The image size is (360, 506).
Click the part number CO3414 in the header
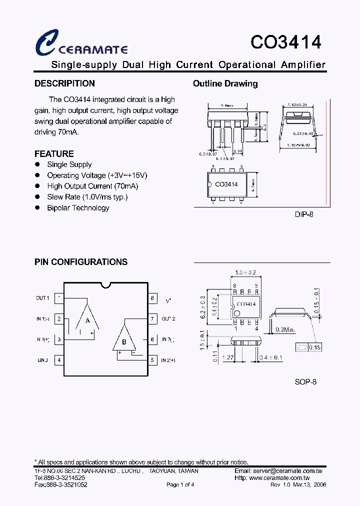tap(285, 42)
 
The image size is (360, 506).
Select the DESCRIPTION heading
tap(64, 83)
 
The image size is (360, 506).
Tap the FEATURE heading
tap(54, 154)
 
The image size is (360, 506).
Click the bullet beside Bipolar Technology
tap(37, 207)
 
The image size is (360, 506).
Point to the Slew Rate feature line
tap(87, 197)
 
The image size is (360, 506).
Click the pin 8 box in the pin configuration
tap(152, 298)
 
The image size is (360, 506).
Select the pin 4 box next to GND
tap(59, 360)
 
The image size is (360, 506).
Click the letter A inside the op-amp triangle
tap(87, 320)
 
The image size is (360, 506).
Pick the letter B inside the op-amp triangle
tap(124, 342)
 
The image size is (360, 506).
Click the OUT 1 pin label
tap(42, 298)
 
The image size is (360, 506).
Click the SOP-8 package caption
tap(305, 381)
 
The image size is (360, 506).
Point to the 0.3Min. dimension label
tap(286, 329)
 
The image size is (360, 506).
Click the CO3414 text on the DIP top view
tap(226, 184)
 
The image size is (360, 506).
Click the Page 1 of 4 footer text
tap(180, 485)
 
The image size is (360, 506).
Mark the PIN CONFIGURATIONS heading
tap(81, 262)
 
